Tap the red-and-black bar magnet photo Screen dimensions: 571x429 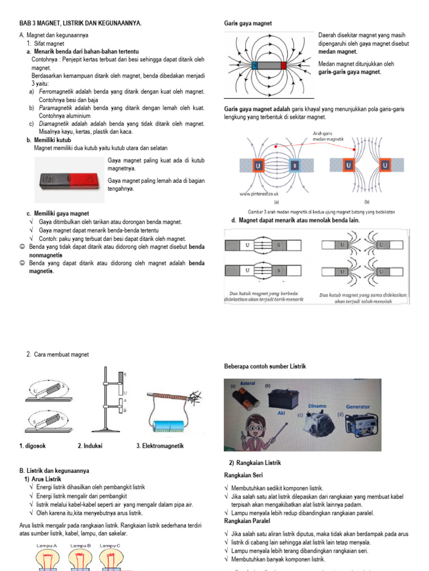coord(69,181)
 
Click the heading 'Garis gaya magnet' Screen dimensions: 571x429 coord(247,23)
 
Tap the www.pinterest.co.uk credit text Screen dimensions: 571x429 coord(259,194)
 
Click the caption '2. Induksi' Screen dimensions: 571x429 coord(90,446)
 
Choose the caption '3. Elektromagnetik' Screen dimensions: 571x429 coord(160,446)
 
